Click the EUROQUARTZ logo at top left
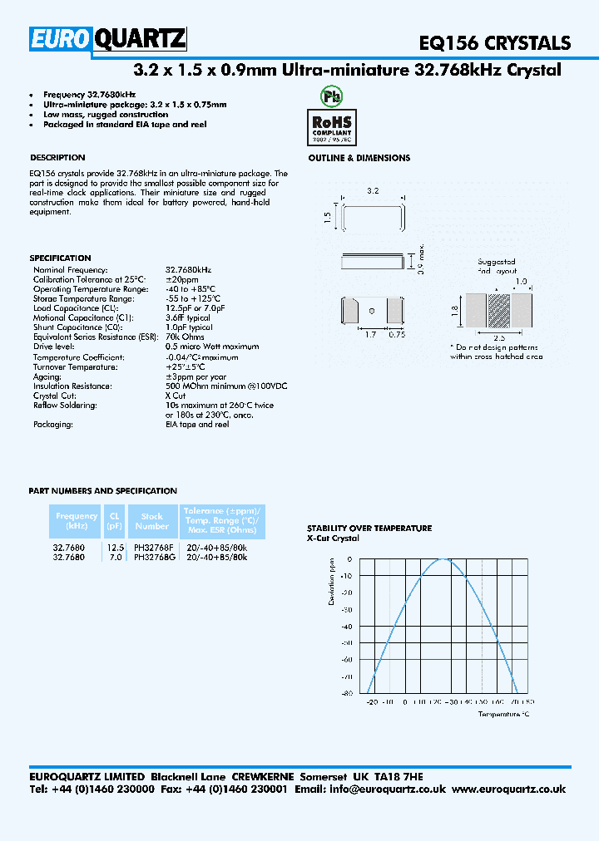[108, 38]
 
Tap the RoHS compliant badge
[331, 125]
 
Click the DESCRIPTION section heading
[57, 157]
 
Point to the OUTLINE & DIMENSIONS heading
[359, 158]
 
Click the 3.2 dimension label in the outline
[373, 191]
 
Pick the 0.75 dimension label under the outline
[397, 334]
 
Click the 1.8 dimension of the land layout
[453, 310]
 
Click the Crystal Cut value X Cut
[176, 396]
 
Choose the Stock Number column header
[151, 521]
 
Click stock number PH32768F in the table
[153, 548]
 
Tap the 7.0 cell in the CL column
[115, 557]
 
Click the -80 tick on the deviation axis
[346, 692]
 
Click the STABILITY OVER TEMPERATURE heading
[369, 528]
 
